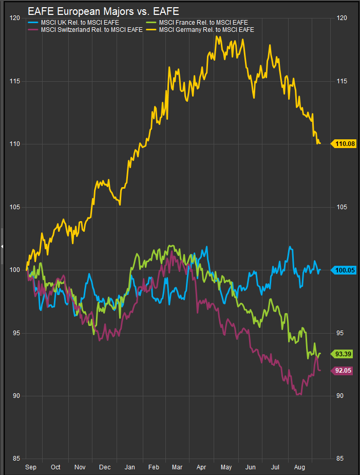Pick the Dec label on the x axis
point(105,467)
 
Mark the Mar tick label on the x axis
point(177,467)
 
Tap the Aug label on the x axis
point(299,467)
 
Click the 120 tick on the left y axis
point(15,18)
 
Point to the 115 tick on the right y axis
point(343,81)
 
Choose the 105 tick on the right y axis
point(343,207)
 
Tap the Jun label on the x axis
point(251,467)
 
